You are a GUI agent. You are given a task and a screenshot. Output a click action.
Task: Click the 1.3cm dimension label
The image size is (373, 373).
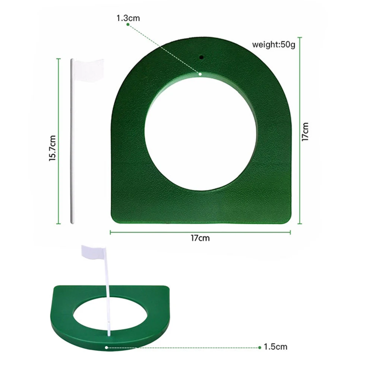point(128,18)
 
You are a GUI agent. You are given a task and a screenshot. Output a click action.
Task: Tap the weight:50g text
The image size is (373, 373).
point(274,44)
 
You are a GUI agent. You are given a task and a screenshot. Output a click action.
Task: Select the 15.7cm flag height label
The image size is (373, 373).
point(52,148)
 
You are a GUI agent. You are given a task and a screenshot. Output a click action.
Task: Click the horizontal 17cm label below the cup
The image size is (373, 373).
point(200,238)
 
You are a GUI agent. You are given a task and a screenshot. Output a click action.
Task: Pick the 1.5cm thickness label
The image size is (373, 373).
point(276,347)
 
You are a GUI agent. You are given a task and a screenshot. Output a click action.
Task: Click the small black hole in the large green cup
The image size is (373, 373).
point(201,57)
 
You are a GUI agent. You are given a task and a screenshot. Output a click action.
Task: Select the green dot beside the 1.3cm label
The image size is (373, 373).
point(128,25)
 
